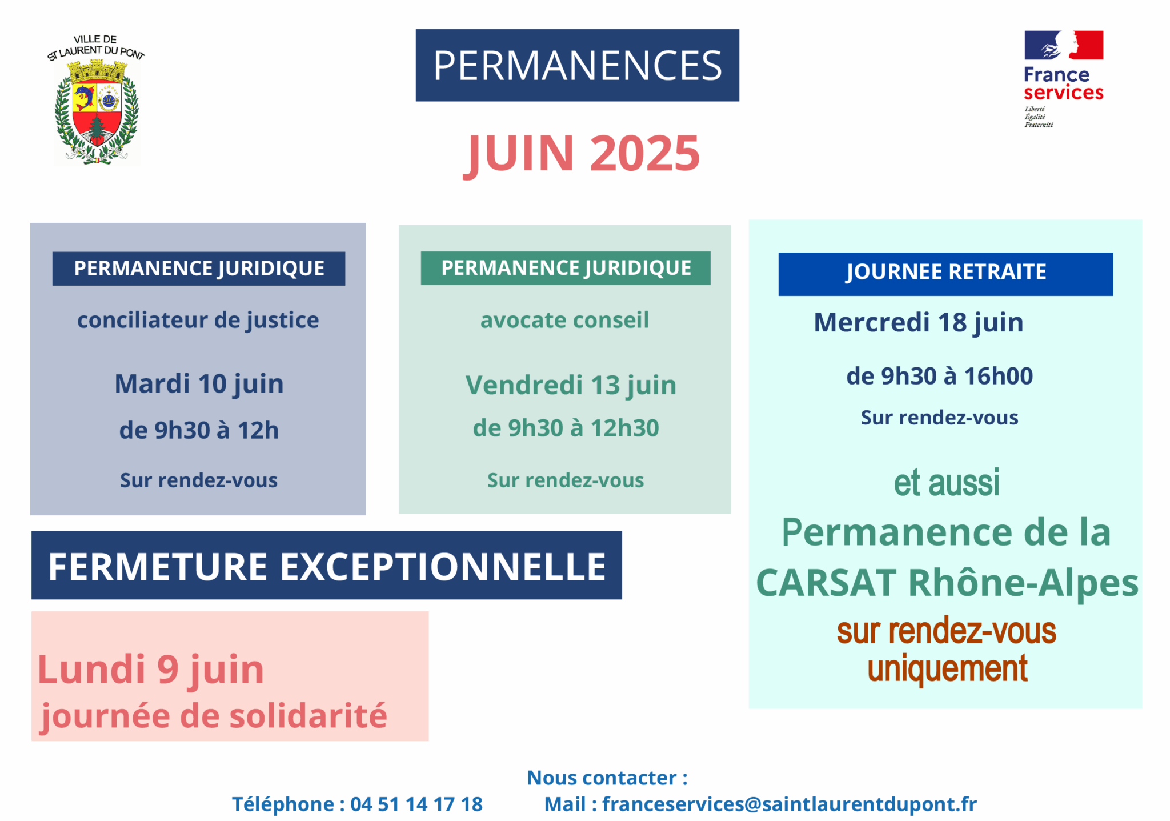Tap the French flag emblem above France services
[1064, 45]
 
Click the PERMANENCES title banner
[577, 65]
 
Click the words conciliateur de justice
[198, 320]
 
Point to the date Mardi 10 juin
[199, 383]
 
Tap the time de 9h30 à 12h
[199, 430]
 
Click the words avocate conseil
[564, 320]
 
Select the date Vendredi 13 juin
[571, 385]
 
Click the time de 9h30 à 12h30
[566, 428]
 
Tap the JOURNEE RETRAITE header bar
[945, 274]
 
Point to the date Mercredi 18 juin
[919, 323]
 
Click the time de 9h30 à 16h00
[940, 376]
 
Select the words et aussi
[947, 483]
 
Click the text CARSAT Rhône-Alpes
[947, 583]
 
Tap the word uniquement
[947, 669]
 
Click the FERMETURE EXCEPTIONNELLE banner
[326, 565]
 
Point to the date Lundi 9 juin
[151, 670]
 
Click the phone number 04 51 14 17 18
[416, 804]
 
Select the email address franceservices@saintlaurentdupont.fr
[790, 804]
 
